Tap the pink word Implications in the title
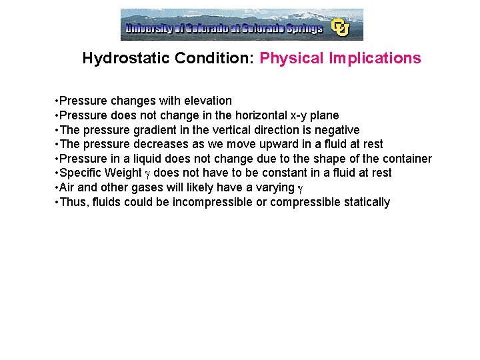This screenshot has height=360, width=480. pos(375,58)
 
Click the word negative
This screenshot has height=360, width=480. pos(336,130)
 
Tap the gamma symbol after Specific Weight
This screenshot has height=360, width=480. pos(148,174)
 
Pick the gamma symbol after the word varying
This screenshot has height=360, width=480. pos(300,189)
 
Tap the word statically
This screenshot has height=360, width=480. pos(367,202)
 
